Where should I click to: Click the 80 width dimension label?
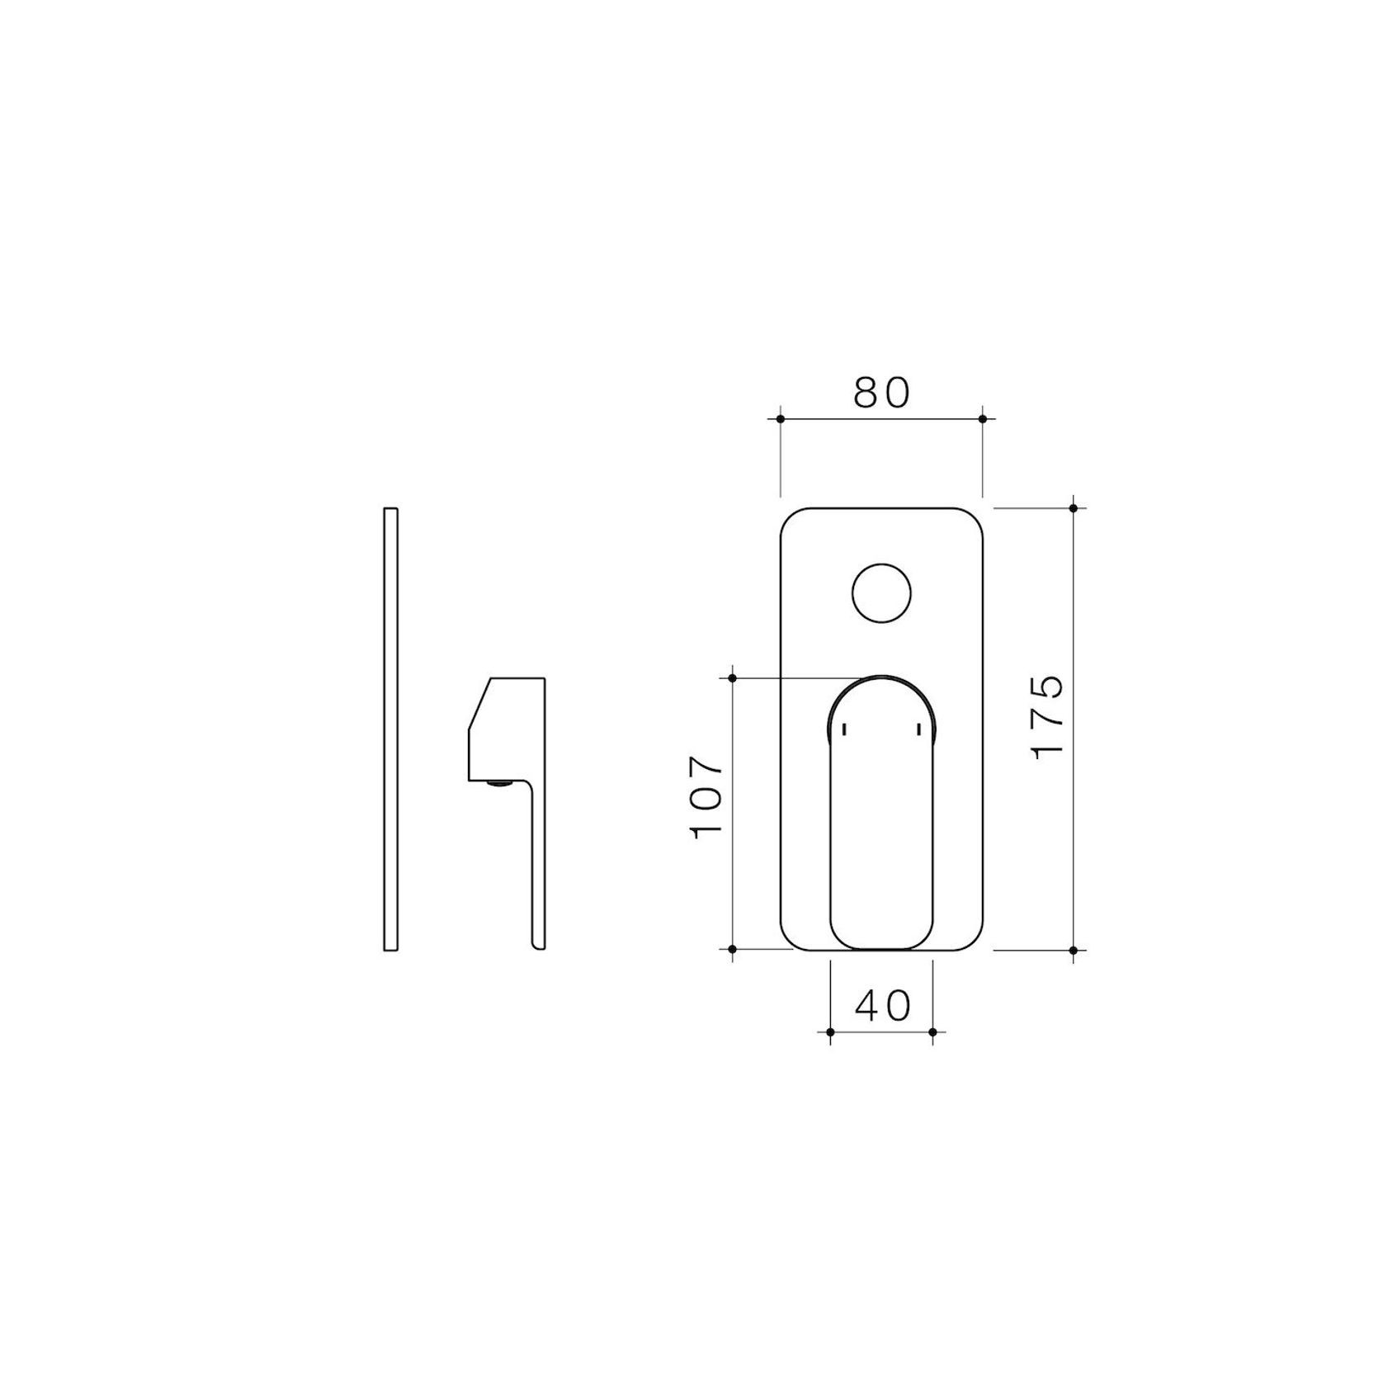(x=881, y=393)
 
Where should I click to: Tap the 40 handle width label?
(x=882, y=1005)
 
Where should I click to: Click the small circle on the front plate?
(x=881, y=593)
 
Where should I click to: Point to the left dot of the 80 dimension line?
(x=781, y=419)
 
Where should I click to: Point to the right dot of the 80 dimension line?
(x=982, y=419)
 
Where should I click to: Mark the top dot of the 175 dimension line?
(x=1073, y=508)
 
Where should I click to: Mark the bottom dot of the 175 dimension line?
(x=1073, y=951)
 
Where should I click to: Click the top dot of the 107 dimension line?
(x=733, y=678)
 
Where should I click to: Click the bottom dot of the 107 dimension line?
(x=733, y=951)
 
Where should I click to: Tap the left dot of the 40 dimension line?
(x=830, y=1031)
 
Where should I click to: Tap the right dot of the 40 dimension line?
(x=932, y=1031)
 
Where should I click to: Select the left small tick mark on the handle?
(x=843, y=729)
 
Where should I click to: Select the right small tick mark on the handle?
(x=918, y=729)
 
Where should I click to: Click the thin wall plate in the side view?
(x=391, y=729)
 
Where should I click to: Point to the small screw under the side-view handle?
(x=498, y=784)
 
